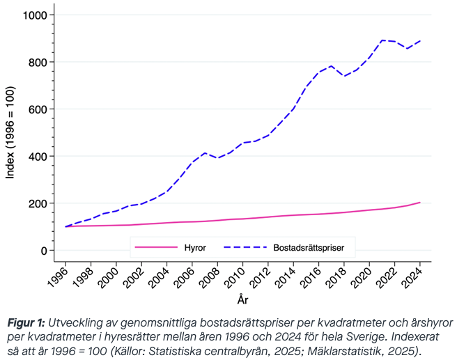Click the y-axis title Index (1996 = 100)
click(10, 132)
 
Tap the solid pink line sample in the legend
click(156, 246)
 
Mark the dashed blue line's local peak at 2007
click(205, 153)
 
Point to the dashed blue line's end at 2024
click(420, 41)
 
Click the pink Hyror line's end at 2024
click(420, 203)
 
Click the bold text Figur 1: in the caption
click(26, 323)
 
